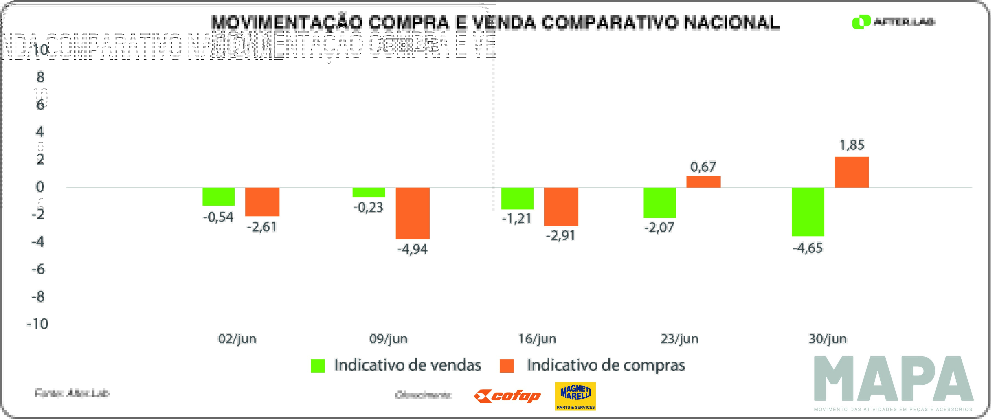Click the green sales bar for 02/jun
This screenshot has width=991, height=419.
tap(219, 196)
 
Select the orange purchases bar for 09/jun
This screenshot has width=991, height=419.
tap(412, 213)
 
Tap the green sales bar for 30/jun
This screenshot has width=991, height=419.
tap(808, 212)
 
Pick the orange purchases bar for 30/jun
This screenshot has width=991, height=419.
tap(852, 172)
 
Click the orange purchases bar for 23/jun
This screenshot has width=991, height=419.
tap(703, 182)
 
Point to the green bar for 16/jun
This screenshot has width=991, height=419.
tap(517, 198)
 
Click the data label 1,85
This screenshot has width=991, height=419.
tap(852, 145)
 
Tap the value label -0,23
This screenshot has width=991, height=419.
tap(368, 208)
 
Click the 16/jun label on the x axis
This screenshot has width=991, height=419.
tap(537, 339)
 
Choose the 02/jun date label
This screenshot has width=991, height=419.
tap(237, 339)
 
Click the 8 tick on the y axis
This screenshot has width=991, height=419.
tap(40, 78)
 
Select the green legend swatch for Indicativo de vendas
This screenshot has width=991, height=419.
tap(318, 366)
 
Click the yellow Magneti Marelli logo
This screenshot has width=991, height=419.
tap(575, 396)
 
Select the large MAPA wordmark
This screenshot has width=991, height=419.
tap(893, 379)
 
